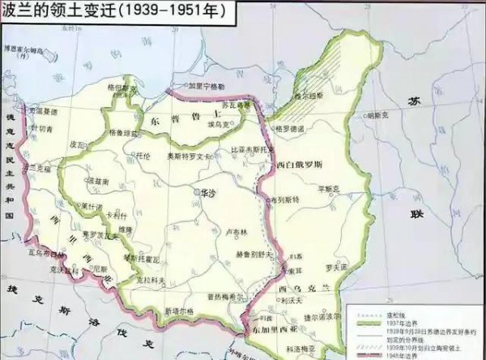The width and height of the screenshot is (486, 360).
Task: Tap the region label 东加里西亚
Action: (x=279, y=328)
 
